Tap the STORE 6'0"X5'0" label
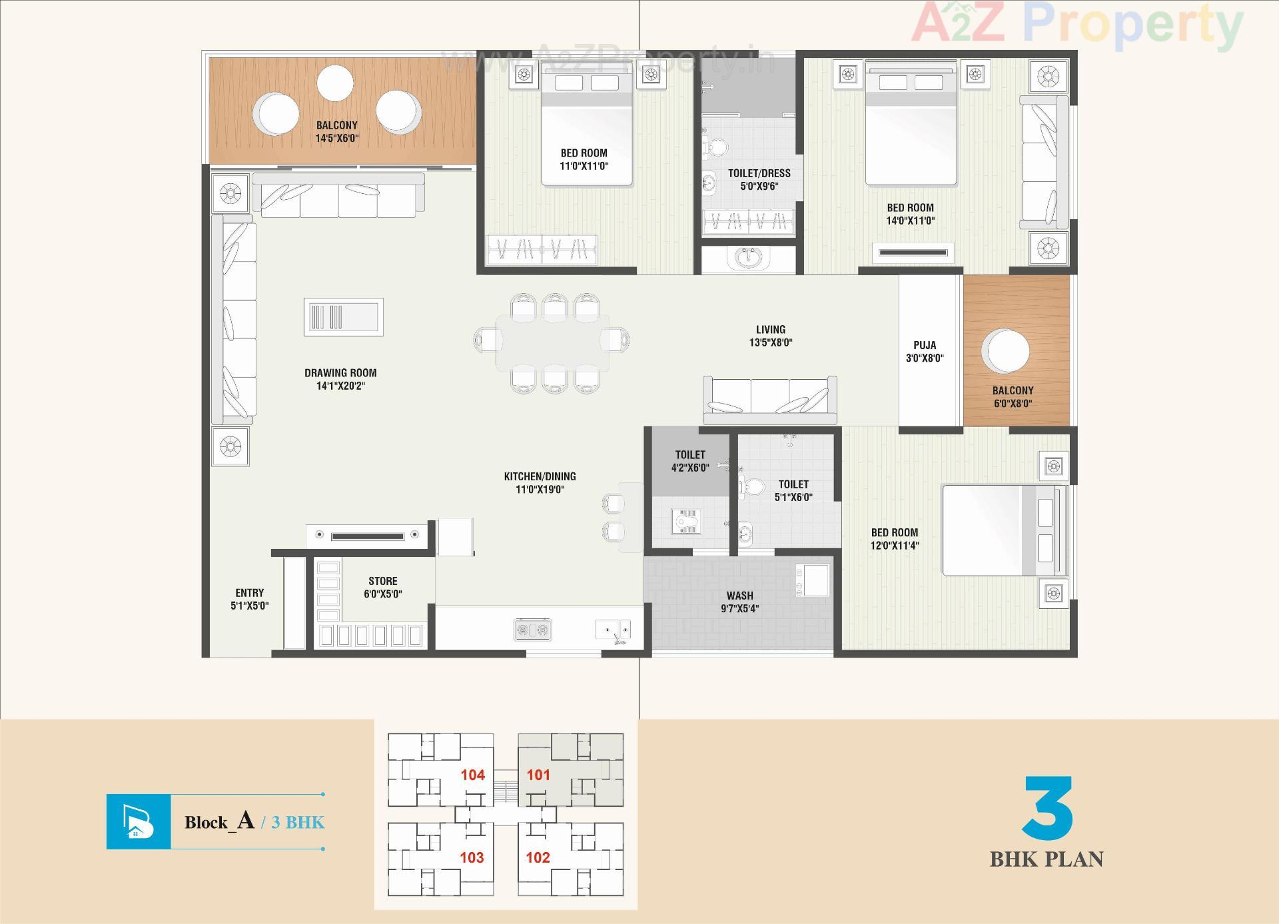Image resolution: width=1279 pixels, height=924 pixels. [383, 587]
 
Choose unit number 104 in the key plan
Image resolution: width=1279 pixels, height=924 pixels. [472, 775]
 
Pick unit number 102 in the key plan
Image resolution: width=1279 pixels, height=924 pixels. [538, 857]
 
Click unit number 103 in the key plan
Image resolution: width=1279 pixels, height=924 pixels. [472, 857]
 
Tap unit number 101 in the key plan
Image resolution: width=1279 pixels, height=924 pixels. [538, 775]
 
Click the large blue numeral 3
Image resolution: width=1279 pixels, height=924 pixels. [1048, 807]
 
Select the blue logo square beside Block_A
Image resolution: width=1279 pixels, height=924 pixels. [139, 821]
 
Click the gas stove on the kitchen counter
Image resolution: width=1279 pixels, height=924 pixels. [533, 629]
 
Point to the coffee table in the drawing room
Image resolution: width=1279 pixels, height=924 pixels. [344, 317]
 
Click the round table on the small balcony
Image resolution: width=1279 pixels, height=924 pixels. [1008, 350]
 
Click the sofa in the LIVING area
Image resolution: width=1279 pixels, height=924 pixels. [770, 399]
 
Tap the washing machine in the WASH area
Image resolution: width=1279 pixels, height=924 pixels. [813, 580]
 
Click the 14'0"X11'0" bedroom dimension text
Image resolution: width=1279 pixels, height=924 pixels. [910, 221]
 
